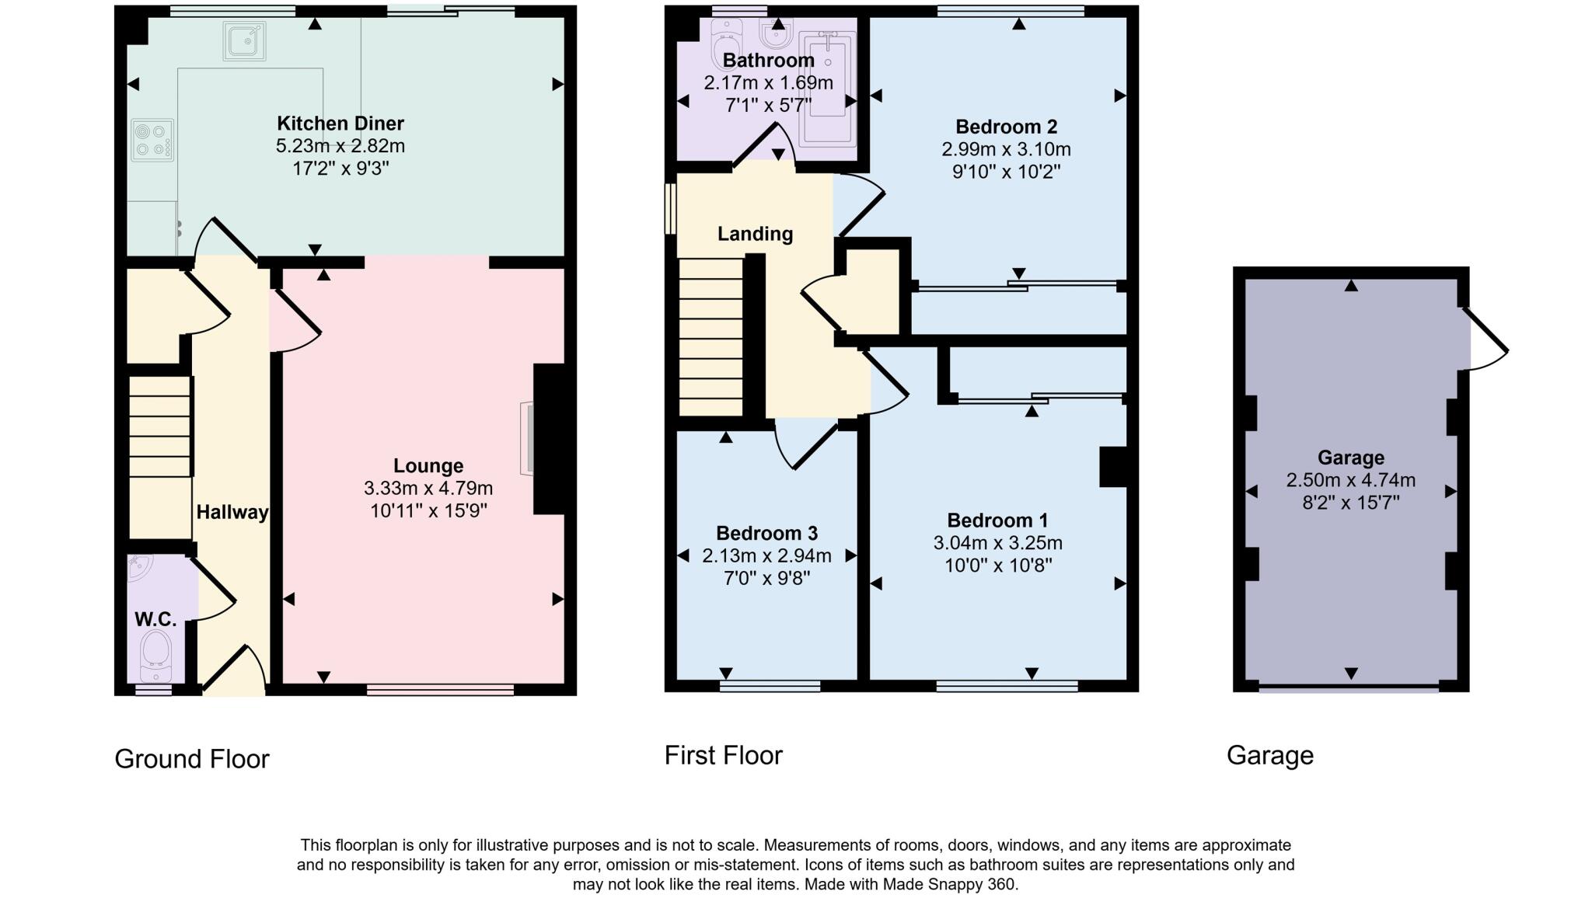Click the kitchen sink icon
coord(245,41)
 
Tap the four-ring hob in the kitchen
coord(152,141)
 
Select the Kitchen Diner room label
coord(340,124)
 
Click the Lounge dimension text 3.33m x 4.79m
coord(428,489)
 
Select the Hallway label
coord(232,512)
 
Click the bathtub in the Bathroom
coord(826,88)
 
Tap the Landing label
coord(755,234)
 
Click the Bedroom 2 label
coord(1006,127)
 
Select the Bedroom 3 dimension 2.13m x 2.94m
coord(766,556)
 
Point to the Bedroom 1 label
coord(997,520)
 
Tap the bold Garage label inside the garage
coord(1350,458)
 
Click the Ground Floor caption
coord(192,759)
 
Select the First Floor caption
coord(723,755)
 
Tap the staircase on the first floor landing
coord(710,338)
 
